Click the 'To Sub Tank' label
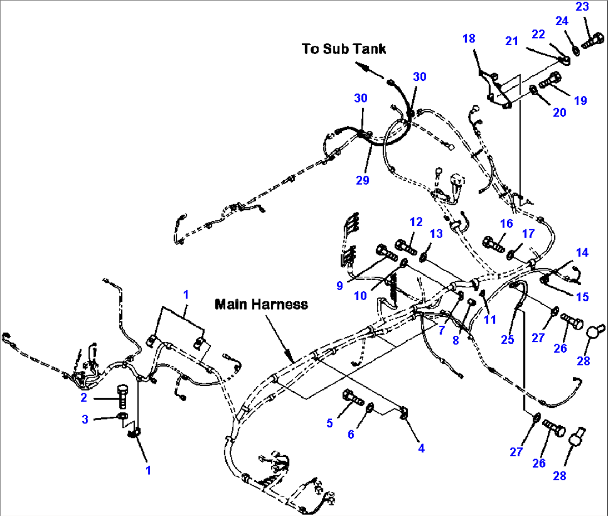[344, 49]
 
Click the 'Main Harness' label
[261, 305]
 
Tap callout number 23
[582, 8]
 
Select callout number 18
[469, 38]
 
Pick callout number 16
[506, 224]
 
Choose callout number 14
[582, 252]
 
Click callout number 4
[421, 447]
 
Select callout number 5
[330, 423]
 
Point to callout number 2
[84, 398]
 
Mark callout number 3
[85, 419]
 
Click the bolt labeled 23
[592, 41]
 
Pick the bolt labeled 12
[405, 244]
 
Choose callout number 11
[490, 319]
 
